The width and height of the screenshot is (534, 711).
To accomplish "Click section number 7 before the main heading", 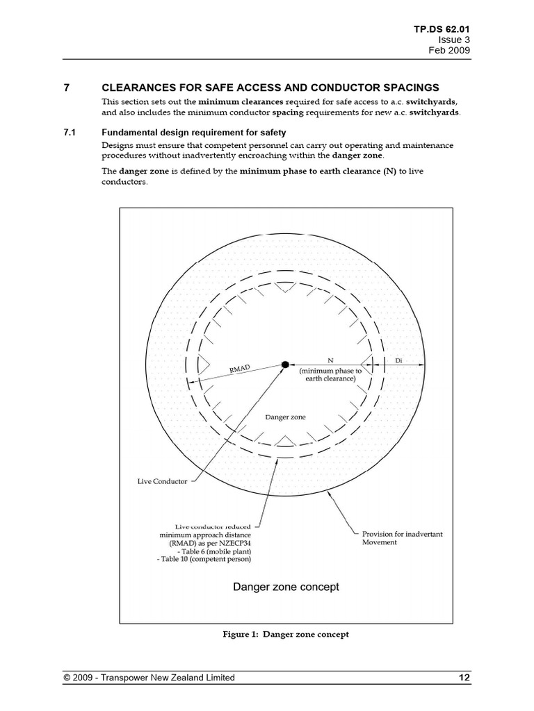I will click(67, 87).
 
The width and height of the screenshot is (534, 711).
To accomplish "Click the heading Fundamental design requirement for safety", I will click(193, 132).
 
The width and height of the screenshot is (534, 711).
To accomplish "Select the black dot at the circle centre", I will click(284, 363).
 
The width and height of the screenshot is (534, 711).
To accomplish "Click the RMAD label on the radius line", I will click(239, 370).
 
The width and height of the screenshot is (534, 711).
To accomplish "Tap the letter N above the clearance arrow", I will click(330, 359).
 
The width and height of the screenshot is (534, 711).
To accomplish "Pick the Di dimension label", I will click(398, 360).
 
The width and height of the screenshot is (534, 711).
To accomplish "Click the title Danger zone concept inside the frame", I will click(286, 587).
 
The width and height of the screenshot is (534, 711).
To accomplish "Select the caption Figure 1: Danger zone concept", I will click(285, 634).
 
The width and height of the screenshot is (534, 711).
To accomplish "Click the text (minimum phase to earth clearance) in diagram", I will click(330, 375).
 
